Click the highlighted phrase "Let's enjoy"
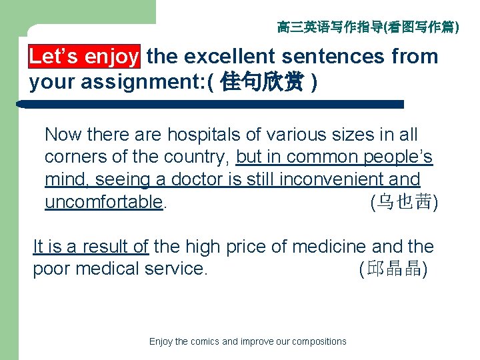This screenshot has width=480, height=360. (x=84, y=57)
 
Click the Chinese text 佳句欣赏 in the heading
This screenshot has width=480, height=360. (x=263, y=83)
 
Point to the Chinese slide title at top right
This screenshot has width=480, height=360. (x=367, y=27)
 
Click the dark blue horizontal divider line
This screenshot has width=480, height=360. (x=213, y=105)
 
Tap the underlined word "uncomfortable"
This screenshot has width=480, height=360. (x=103, y=202)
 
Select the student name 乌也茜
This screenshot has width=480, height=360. (x=403, y=202)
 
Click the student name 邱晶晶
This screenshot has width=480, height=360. (x=393, y=269)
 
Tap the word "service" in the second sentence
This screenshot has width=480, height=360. (x=173, y=269)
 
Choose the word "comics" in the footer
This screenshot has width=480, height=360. (x=205, y=341)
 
